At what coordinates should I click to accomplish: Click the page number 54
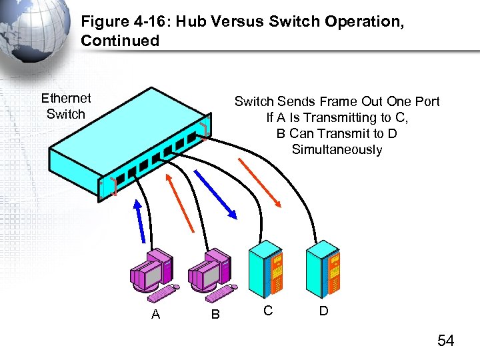point(445,341)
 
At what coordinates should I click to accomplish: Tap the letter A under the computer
point(155,314)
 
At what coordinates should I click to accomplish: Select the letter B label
point(215,314)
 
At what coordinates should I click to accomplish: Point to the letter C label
point(267,310)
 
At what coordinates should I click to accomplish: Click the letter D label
point(323,310)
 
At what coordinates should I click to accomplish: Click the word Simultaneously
point(337,149)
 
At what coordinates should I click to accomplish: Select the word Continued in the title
point(120,41)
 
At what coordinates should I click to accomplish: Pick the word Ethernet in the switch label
point(66,98)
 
